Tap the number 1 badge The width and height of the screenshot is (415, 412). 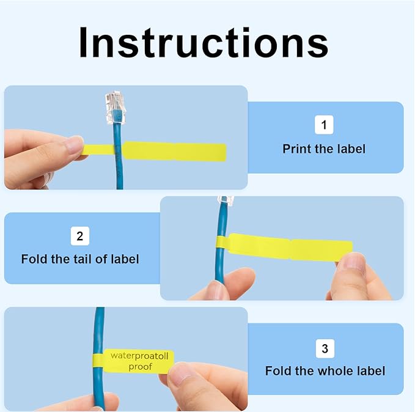point(324,126)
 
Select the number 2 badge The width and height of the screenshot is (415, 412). point(80,236)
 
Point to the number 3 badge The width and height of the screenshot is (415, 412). point(325,348)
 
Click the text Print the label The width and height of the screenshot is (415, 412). point(324,149)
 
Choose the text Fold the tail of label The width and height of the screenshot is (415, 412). point(80,259)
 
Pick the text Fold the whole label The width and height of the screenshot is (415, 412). point(325,371)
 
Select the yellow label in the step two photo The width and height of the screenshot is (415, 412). point(287,247)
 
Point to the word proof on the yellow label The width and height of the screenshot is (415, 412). point(140,367)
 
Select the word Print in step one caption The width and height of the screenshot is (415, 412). point(295,149)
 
